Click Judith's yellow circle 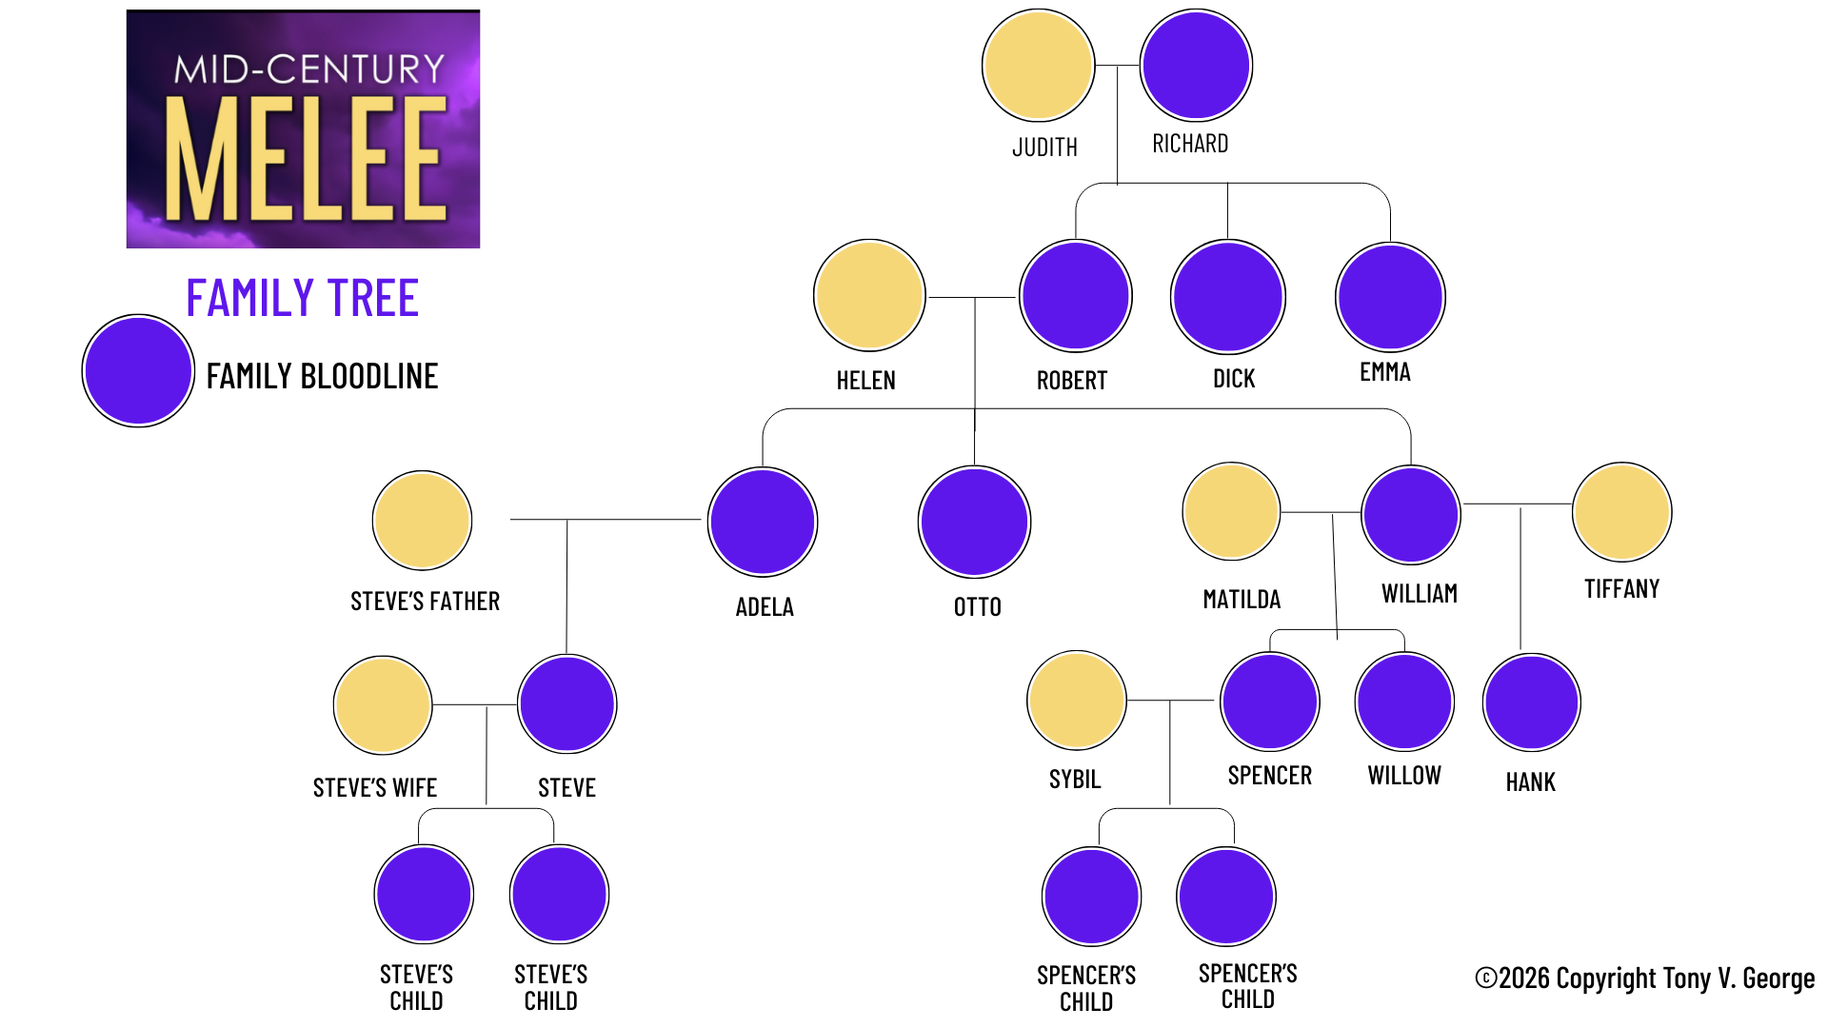tap(1038, 66)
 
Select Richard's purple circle tap(1196, 66)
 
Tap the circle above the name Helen tap(869, 295)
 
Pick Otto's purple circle tap(974, 522)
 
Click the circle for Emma tap(1390, 297)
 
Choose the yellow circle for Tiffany tap(1621, 512)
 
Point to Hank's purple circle tap(1531, 702)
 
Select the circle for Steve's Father tap(422, 521)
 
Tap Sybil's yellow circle tap(1076, 701)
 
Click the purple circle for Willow tap(1404, 702)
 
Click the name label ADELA tap(765, 607)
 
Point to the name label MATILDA tap(1242, 600)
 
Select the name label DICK tap(1234, 379)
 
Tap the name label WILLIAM tap(1420, 594)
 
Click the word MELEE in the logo tap(306, 158)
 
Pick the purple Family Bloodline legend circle tap(138, 371)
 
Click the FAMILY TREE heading tap(303, 298)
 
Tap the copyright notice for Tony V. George tap(1644, 979)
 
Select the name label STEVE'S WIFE tap(375, 788)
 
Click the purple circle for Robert tap(1075, 296)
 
